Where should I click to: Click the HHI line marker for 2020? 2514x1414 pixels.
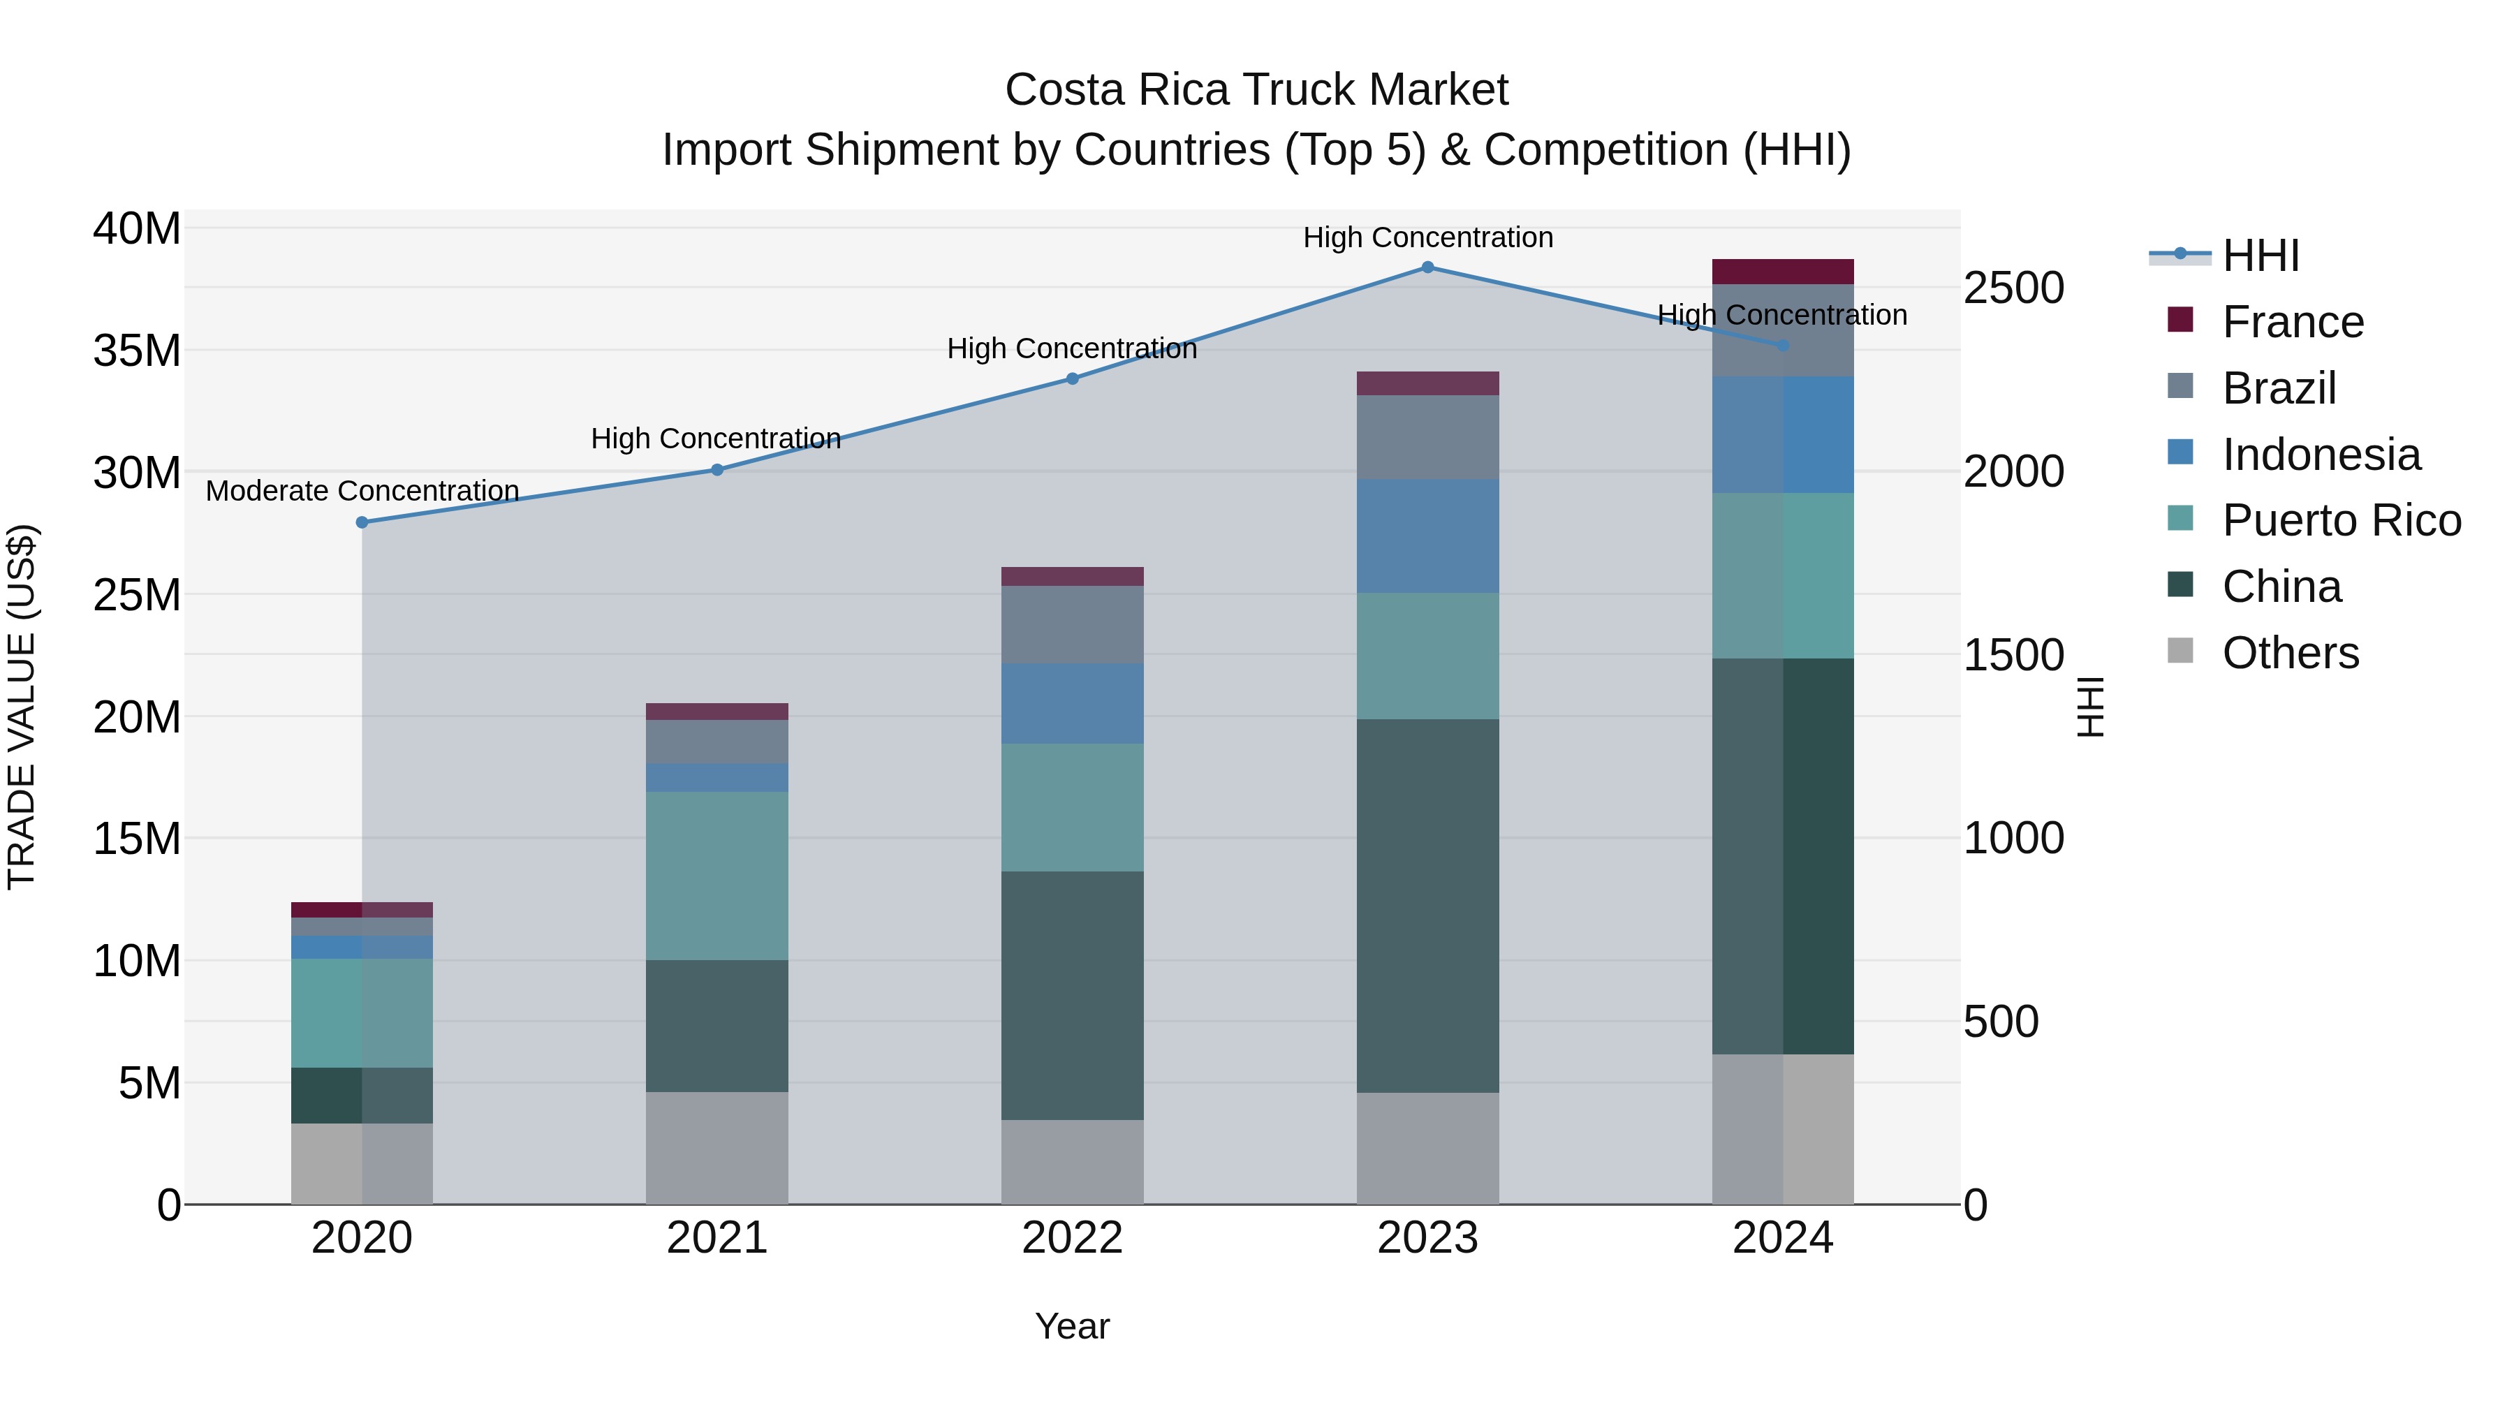click(362, 522)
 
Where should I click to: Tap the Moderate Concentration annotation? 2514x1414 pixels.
click(362, 491)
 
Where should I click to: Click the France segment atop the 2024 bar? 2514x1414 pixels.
click(1782, 272)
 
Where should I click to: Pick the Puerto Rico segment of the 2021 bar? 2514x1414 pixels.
click(716, 876)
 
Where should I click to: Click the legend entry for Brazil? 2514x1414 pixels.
click(2279, 388)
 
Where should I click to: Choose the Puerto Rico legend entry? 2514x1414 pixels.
click(2340, 520)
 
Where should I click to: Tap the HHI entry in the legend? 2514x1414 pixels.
click(2261, 256)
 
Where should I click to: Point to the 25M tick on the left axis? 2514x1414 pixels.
click(137, 595)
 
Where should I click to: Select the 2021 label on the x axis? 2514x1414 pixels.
click(716, 1238)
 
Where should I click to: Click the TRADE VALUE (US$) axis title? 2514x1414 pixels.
click(22, 707)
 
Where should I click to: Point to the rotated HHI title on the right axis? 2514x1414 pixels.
click(2089, 707)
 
